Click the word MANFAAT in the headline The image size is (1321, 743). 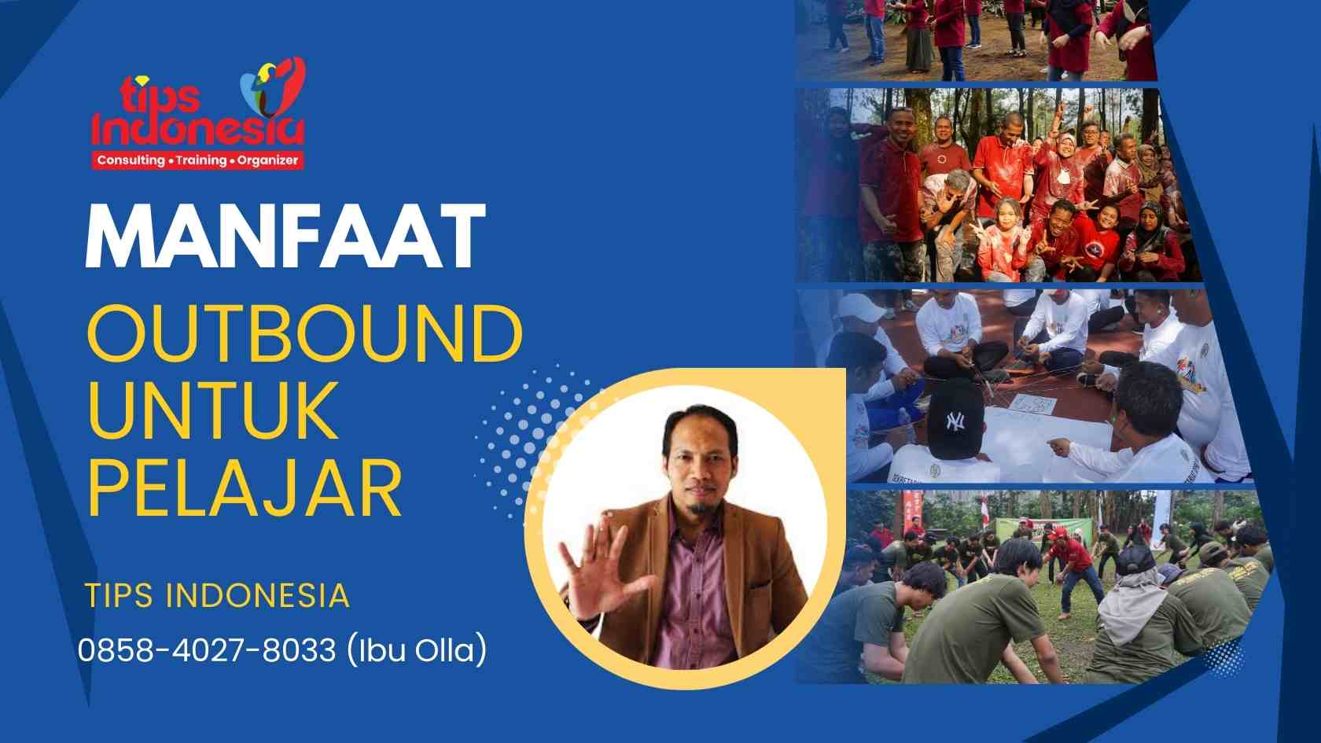285,237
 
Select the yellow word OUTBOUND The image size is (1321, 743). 304,333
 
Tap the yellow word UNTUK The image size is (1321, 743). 212,410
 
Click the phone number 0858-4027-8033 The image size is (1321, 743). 207,650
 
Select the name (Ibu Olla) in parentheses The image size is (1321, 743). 416,650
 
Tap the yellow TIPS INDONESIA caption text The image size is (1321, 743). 217,595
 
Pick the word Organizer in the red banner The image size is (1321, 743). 267,160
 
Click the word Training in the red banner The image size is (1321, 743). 201,160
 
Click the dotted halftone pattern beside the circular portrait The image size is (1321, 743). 519,440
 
